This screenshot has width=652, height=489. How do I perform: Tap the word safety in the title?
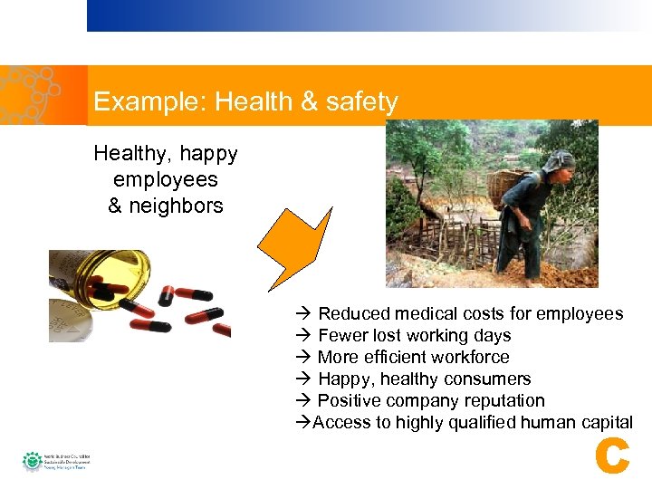click(361, 101)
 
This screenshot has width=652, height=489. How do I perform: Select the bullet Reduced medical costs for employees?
click(470, 313)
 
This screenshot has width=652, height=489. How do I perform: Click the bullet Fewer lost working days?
click(414, 335)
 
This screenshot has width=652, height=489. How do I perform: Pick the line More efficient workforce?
click(413, 357)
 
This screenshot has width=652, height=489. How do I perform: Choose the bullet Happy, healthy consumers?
click(424, 379)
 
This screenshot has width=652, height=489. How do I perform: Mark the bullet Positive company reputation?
click(431, 400)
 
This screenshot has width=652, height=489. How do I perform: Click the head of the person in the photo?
click(560, 164)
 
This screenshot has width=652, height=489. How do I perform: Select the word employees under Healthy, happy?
click(166, 180)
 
